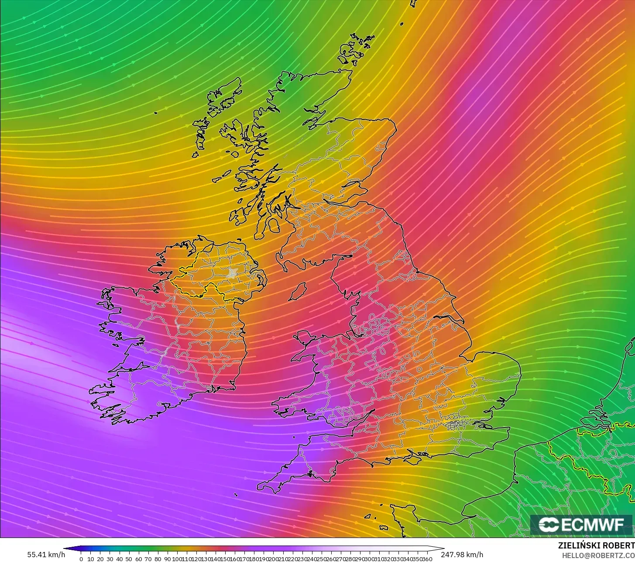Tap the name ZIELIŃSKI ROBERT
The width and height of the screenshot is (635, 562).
(x=596, y=545)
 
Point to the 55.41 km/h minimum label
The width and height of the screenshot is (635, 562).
(x=46, y=555)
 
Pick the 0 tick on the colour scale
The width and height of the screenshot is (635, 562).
(x=81, y=559)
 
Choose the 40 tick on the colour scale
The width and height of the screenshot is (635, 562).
(x=119, y=559)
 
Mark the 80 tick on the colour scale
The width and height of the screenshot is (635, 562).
(x=158, y=559)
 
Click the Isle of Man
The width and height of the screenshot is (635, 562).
(x=298, y=291)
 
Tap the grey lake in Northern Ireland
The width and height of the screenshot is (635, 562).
(x=232, y=273)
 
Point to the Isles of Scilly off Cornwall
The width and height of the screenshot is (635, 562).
(x=236, y=495)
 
